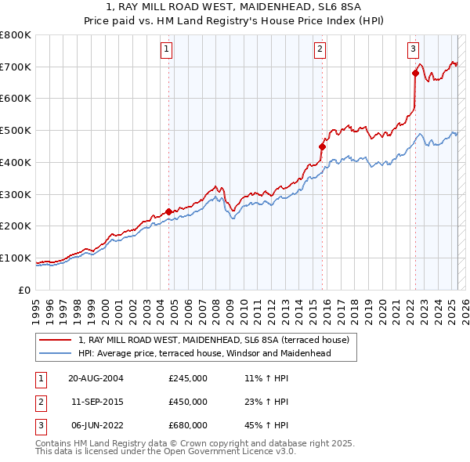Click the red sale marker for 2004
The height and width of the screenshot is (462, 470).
click(168, 211)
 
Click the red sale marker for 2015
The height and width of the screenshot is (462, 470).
click(322, 146)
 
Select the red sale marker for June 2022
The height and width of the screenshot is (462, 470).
click(415, 73)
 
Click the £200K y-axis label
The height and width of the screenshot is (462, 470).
click(16, 226)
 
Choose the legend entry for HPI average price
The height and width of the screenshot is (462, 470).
click(204, 353)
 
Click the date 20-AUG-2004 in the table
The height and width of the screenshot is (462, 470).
click(96, 378)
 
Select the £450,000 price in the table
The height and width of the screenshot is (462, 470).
click(188, 402)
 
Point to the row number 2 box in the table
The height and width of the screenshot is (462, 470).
click(38, 402)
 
